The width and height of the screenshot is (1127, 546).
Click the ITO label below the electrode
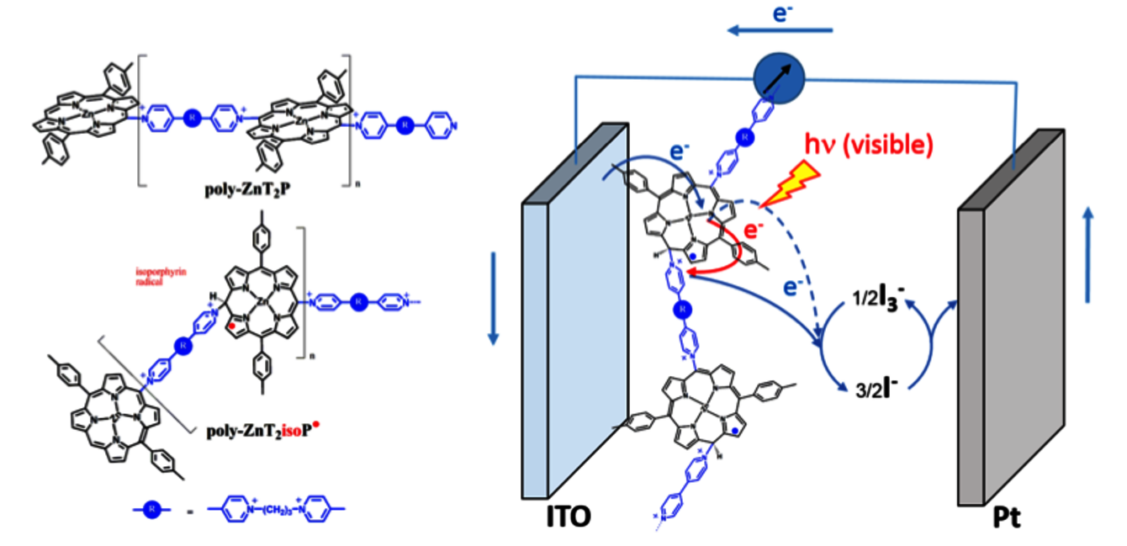(x=564, y=516)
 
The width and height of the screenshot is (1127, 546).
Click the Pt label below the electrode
(x=1007, y=515)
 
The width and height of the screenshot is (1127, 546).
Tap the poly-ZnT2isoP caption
(x=262, y=432)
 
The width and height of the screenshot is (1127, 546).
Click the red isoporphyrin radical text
(x=157, y=276)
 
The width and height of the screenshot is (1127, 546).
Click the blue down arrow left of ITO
(x=493, y=299)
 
